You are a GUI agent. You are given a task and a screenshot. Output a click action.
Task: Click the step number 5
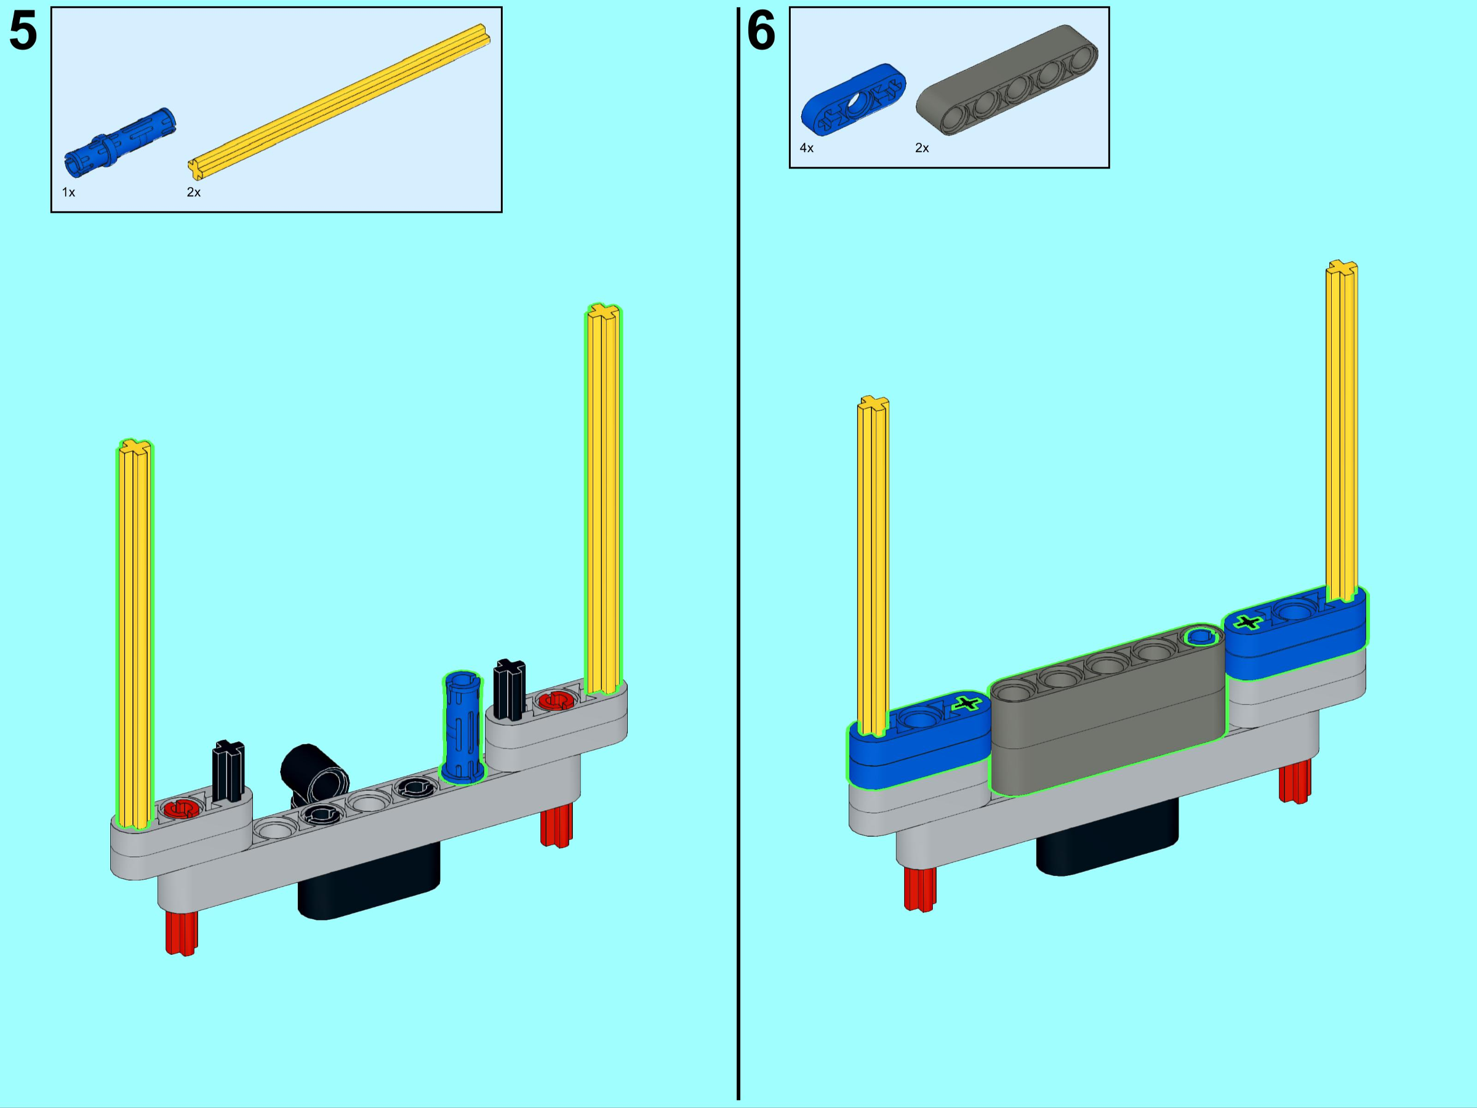23,31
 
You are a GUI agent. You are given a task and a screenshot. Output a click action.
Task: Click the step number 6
761,31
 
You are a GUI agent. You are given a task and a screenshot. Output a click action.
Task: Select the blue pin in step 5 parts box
120,142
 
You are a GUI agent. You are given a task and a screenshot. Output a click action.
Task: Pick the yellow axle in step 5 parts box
339,102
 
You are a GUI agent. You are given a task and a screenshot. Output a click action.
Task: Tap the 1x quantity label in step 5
69,192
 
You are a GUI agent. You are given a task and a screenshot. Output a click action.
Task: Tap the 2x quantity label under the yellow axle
194,192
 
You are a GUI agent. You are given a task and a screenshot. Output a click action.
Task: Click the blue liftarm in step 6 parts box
854,100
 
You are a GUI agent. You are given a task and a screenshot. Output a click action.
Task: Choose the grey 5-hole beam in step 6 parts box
1006,80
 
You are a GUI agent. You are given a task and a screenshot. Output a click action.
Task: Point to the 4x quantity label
807,148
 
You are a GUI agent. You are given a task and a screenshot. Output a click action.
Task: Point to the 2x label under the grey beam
922,148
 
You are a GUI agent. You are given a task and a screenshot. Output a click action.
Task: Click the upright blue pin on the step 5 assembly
462,728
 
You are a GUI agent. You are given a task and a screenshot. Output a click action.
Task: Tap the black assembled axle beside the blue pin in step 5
510,690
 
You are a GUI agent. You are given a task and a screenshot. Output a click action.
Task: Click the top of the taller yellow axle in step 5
604,311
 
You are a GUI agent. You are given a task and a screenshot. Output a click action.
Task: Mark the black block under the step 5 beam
369,881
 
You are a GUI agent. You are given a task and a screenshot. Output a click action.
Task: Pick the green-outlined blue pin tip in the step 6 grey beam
1201,636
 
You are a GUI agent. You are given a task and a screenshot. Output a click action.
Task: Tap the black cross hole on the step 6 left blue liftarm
966,702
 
